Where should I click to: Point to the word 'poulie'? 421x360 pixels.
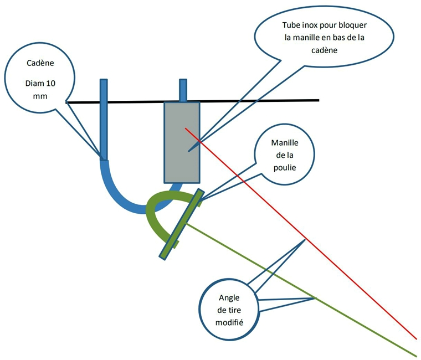point(283,167)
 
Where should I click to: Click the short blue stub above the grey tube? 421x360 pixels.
point(183,90)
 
